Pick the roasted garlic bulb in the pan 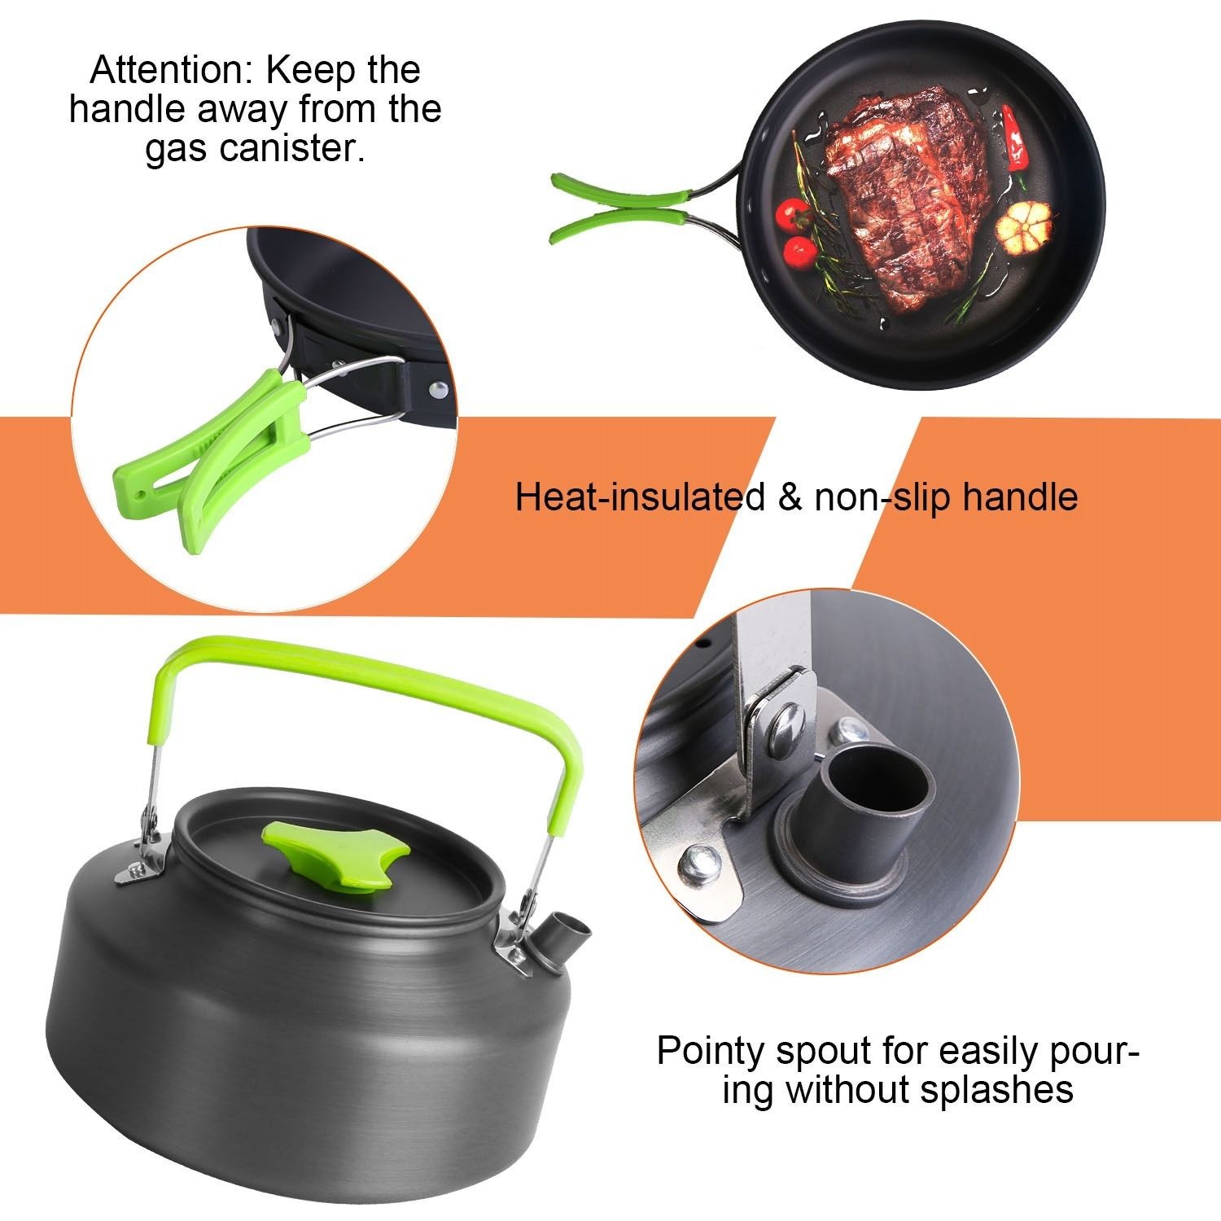[x=1024, y=223]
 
